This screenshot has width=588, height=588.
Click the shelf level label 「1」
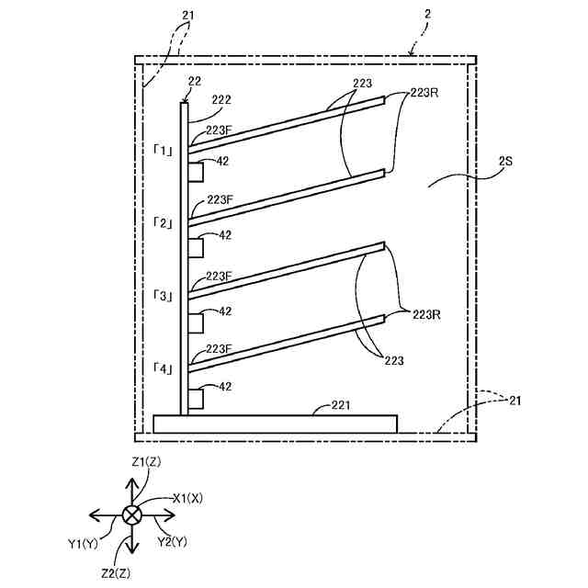(x=164, y=150)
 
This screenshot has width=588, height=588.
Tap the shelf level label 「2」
(x=164, y=223)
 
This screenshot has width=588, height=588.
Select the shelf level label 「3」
(x=164, y=296)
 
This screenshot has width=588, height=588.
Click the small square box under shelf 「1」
(x=196, y=172)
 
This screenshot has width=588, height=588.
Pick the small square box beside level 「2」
(x=196, y=247)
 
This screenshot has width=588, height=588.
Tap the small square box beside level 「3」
(x=196, y=322)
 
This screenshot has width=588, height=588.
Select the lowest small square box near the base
(x=196, y=398)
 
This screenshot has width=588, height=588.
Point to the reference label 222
(x=220, y=99)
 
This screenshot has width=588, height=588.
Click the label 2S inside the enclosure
(x=504, y=162)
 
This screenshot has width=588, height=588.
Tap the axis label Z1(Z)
(x=146, y=461)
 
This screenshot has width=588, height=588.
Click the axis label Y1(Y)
(x=83, y=543)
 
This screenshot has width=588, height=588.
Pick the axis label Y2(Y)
(x=172, y=542)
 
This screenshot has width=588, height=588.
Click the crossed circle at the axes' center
(x=132, y=514)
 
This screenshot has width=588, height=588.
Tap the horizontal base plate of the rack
(x=276, y=424)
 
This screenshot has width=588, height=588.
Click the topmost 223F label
(x=219, y=130)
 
